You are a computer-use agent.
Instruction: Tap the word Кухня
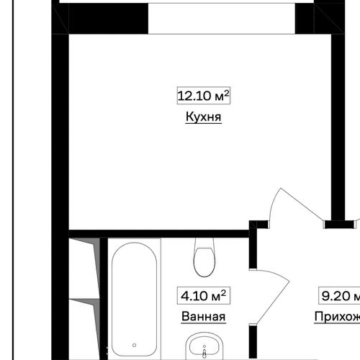202,117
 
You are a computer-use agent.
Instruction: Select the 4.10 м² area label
202,295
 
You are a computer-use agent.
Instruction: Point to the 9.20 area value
335,295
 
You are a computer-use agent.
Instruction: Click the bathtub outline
135,302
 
